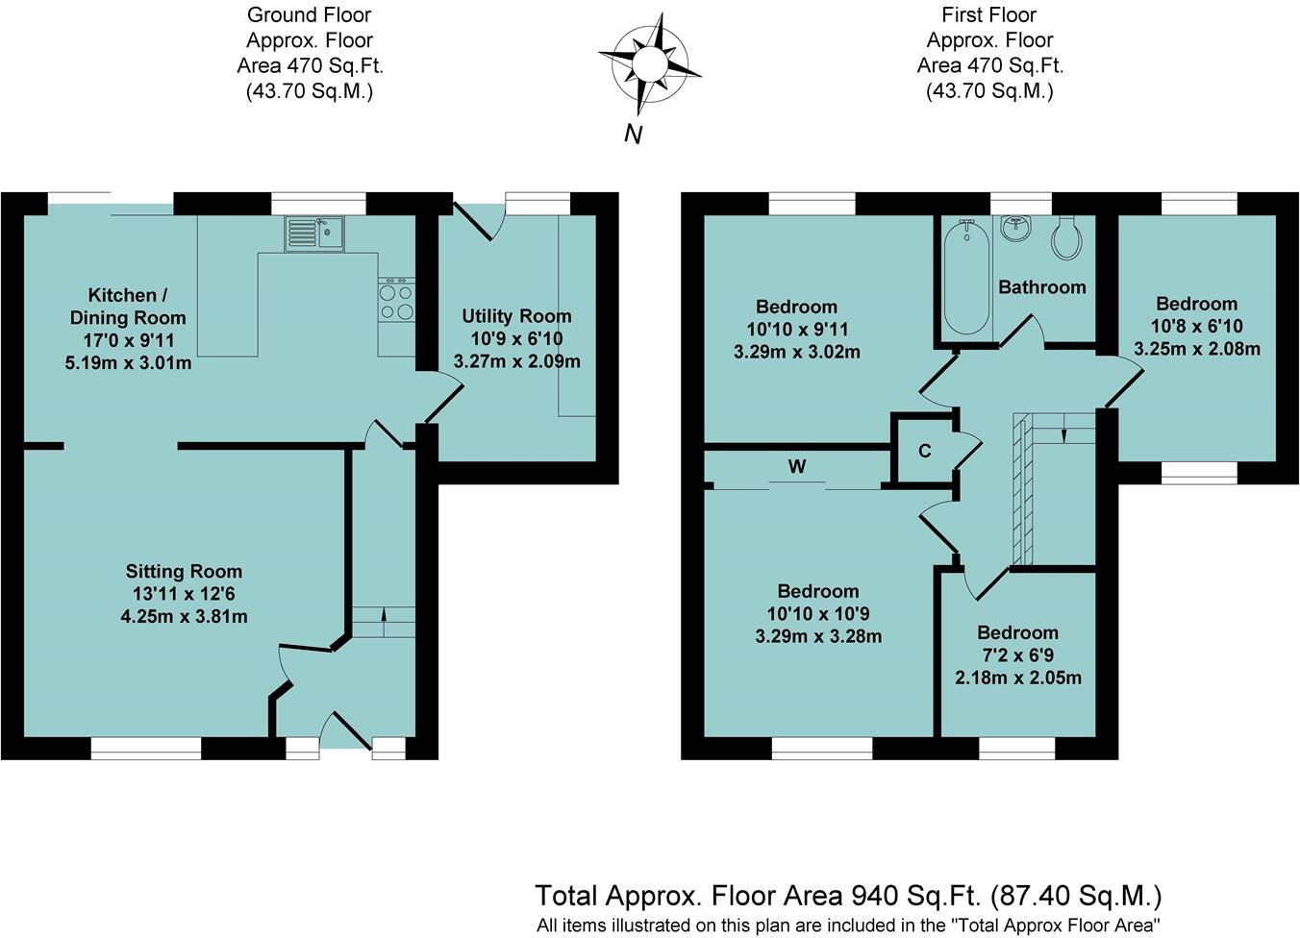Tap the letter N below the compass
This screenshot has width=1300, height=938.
point(633,135)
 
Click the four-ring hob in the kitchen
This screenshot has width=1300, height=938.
point(397,300)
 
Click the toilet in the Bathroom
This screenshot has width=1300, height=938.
point(1067,236)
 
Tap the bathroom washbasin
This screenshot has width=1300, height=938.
point(1016,229)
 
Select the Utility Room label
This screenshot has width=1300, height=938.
point(516,316)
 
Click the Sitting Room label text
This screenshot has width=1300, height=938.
point(184,572)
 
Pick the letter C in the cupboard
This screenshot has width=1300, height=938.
point(924,452)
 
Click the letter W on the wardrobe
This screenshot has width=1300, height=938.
point(797,467)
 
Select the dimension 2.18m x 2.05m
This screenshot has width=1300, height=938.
point(1017,678)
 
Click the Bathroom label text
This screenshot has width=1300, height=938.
point(1041,287)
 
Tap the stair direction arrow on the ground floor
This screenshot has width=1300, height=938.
point(384,616)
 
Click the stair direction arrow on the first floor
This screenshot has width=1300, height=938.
point(1064,434)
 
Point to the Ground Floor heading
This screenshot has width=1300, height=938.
point(309,15)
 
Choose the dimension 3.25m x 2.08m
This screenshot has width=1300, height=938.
point(1196,349)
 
